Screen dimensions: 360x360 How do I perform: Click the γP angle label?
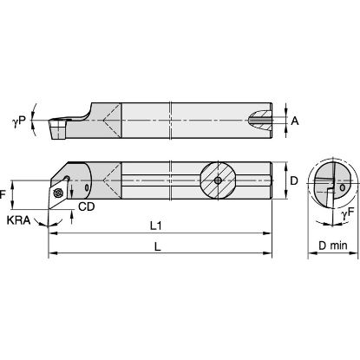pos(19,122)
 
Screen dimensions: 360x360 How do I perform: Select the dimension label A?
pos(294,121)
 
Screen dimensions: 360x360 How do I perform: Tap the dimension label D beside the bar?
pos(294,181)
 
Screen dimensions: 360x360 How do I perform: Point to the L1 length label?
pos(155,226)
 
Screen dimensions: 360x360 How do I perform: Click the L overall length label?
pos(157,246)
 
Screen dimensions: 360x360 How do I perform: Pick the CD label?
pos(87,206)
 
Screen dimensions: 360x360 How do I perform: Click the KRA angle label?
pos(18,220)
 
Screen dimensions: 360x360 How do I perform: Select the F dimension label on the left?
pos(3,194)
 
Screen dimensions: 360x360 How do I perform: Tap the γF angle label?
pos(347,213)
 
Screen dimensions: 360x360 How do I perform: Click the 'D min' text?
pos(332,245)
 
